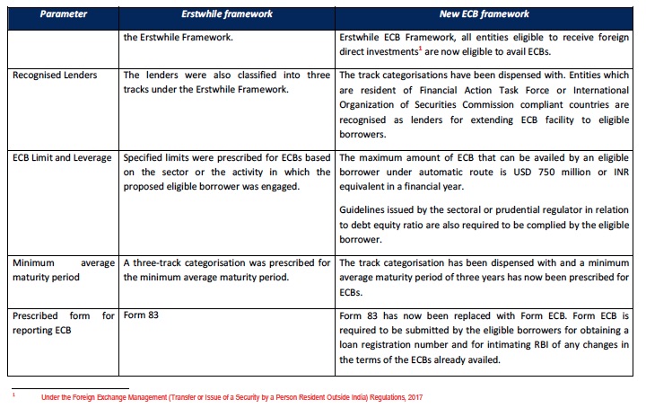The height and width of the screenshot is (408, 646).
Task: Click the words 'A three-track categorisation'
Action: [188, 262]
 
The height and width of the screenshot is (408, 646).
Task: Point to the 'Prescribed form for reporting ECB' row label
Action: [63, 324]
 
